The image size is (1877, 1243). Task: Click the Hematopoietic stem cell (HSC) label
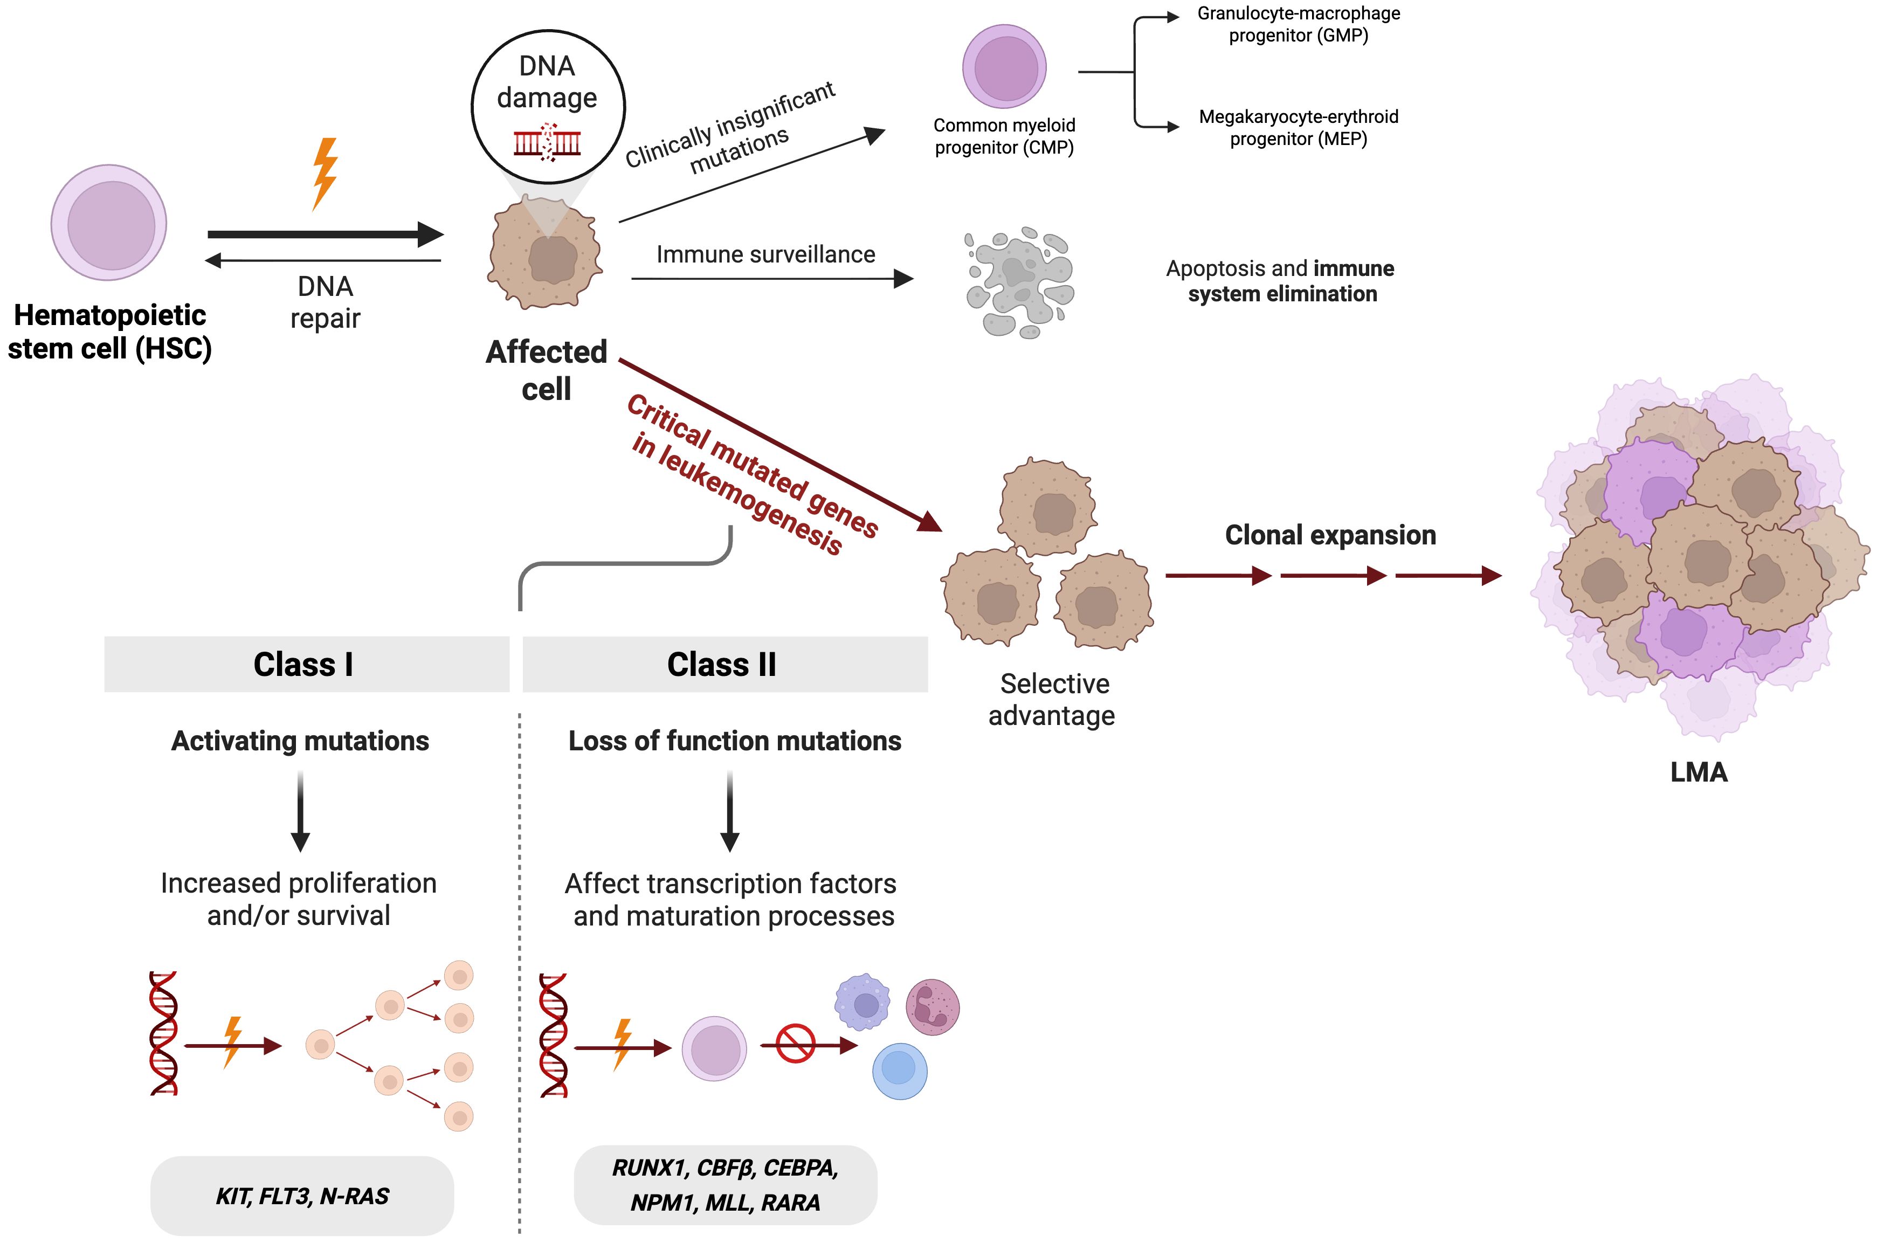coord(109,332)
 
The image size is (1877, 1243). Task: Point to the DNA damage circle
coord(548,106)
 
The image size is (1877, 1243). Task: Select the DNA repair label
coord(325,302)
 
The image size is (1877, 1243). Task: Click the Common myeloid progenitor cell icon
coord(1004,67)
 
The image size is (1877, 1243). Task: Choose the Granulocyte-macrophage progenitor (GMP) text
coord(1299,25)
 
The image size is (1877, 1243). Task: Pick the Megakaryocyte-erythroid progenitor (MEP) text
coord(1299,128)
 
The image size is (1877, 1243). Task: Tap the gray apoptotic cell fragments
coord(1019,281)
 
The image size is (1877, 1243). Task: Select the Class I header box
coord(306,664)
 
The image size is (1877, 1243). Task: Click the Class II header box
coord(724,664)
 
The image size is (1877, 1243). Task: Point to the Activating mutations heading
coord(300,741)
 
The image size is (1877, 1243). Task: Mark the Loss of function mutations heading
coord(735,741)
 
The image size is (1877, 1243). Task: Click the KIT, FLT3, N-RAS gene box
coord(302,1196)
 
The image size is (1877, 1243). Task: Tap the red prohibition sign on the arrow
coord(795,1043)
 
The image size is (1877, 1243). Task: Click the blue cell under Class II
coord(900,1070)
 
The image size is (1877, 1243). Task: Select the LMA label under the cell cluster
coord(1699,772)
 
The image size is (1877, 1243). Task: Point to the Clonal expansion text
coord(1330,535)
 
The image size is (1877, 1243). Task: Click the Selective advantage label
coord(1053,699)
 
